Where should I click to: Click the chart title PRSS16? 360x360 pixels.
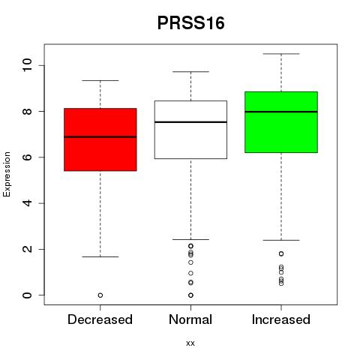[190, 23]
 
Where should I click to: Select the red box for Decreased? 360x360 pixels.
[100, 139]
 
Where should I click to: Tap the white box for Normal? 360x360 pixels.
[190, 130]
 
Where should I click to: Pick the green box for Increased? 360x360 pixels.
[281, 122]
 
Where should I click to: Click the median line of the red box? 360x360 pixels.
[100, 136]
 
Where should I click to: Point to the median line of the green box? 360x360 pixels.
[281, 112]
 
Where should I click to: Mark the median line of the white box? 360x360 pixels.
[190, 122]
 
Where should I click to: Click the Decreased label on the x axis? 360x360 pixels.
[100, 319]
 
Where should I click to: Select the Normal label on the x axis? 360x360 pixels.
[190, 319]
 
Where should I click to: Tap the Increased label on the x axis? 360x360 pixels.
[281, 319]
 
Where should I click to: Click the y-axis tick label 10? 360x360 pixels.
[27, 65]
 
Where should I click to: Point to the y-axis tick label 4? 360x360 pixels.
[27, 203]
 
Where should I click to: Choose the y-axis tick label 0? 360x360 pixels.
[27, 295]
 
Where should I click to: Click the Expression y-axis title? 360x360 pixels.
[7, 174]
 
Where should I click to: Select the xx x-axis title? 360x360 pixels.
[190, 343]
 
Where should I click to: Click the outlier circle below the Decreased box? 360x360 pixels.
[100, 295]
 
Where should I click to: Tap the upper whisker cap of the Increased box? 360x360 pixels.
[281, 54]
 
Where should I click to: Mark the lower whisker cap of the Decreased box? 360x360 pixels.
[100, 256]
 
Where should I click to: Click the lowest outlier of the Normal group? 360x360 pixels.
[190, 295]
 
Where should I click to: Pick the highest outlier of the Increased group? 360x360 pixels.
[281, 253]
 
